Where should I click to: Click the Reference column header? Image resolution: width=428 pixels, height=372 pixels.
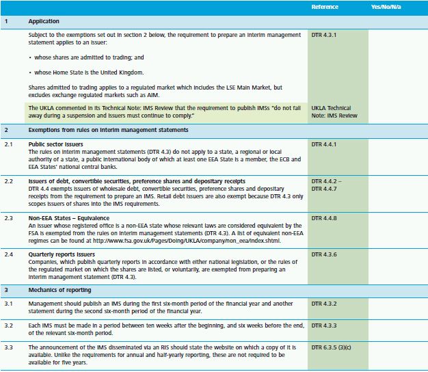coord(325,7)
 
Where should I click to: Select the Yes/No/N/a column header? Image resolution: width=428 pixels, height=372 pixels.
coord(386,7)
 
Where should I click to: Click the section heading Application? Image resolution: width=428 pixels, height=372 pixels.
coord(44,22)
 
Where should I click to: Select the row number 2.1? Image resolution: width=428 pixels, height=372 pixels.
coord(9,144)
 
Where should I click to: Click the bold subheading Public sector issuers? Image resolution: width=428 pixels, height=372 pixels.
coord(56,144)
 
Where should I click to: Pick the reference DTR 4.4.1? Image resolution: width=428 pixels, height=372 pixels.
coord(324,144)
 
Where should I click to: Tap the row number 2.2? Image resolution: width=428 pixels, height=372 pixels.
coord(9,181)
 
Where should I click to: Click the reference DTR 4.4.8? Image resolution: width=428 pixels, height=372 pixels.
coord(324,217)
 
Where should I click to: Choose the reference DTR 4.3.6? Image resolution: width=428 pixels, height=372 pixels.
coord(324,253)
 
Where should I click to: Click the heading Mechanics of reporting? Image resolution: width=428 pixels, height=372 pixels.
coord(60,289)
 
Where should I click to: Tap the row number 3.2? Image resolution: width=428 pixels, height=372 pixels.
coord(9,325)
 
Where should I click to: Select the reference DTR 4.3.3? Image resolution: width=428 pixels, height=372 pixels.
coord(324,325)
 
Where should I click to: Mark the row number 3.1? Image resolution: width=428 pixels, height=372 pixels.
coord(9,303)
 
